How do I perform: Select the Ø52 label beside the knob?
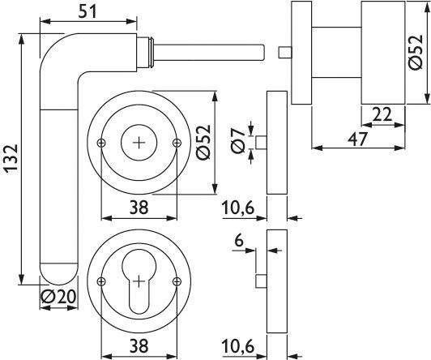[x=416, y=55]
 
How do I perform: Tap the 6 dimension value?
[x=238, y=241]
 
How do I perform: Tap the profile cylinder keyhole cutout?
[x=139, y=286]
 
